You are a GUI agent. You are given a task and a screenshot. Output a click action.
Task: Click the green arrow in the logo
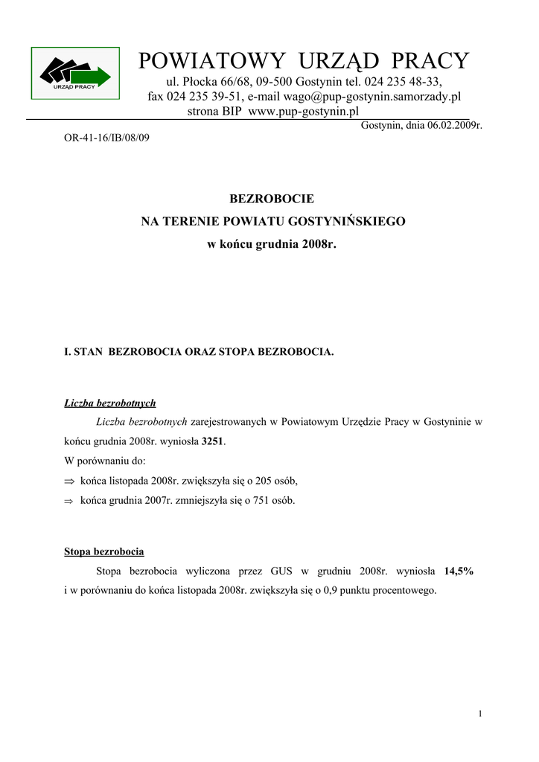pyautogui.click(x=92, y=76)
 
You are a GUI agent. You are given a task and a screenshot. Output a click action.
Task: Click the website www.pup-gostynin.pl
pyautogui.click(x=304, y=111)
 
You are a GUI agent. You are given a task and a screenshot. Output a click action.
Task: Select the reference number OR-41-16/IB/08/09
pyautogui.click(x=107, y=138)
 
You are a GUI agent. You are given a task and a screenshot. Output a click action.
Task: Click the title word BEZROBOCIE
pyautogui.click(x=272, y=199)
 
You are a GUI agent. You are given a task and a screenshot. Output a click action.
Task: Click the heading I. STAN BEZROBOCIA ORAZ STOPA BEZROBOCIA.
pyautogui.click(x=200, y=351)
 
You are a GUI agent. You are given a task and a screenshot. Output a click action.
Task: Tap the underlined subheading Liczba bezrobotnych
pyautogui.click(x=110, y=403)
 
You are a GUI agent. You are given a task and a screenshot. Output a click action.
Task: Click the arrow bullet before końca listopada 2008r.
pyautogui.click(x=69, y=481)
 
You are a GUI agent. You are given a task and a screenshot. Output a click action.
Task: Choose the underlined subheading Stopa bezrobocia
pyautogui.click(x=104, y=552)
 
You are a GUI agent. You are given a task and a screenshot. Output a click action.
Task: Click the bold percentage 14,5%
pyautogui.click(x=459, y=571)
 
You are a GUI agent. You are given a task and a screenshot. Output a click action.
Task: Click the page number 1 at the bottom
pyautogui.click(x=481, y=714)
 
